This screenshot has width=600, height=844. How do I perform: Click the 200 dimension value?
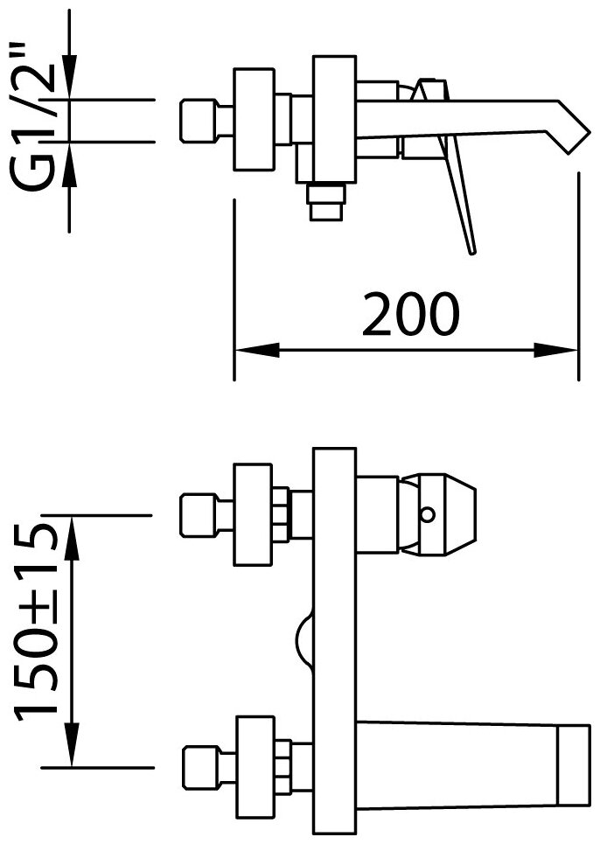tap(411, 315)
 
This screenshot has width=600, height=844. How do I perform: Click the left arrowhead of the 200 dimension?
tap(248, 351)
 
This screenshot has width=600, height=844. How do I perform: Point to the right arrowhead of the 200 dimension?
tap(564, 351)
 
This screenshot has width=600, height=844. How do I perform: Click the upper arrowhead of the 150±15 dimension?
tap(71, 528)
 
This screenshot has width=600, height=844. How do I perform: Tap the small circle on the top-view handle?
tap(427, 515)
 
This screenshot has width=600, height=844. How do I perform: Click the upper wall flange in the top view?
tap(254, 515)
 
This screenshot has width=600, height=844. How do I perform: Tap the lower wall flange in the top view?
tap(254, 767)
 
